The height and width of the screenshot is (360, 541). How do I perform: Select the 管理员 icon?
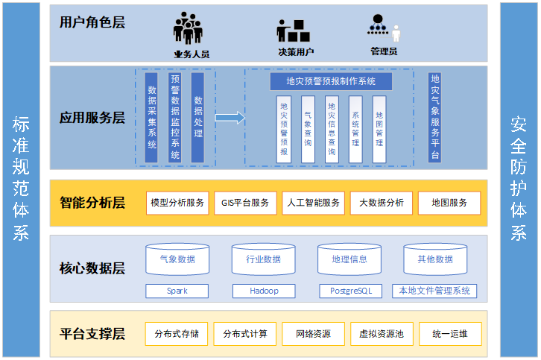383,29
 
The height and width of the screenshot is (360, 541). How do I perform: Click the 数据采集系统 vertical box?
151,116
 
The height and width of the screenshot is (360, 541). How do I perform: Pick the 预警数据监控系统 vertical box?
174,116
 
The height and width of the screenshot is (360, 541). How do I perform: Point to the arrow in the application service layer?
230,117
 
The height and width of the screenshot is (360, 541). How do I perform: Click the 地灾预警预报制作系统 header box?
329,81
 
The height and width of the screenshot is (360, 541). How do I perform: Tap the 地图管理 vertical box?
379,129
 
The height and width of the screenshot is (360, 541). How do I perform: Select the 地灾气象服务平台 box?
435,117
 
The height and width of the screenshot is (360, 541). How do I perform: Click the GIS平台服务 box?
244,203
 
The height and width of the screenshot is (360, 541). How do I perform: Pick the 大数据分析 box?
381,203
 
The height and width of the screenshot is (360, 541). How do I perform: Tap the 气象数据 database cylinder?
177,259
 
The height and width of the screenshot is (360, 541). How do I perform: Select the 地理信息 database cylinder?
349,259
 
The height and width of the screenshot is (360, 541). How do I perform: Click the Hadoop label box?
263,291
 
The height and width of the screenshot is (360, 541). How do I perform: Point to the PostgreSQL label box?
349,291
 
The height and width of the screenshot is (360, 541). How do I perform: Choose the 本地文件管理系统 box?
434,291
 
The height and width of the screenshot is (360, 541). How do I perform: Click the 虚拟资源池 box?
381,334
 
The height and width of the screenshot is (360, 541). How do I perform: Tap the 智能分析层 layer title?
92,203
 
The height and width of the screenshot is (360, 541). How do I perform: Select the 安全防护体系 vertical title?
518,179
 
